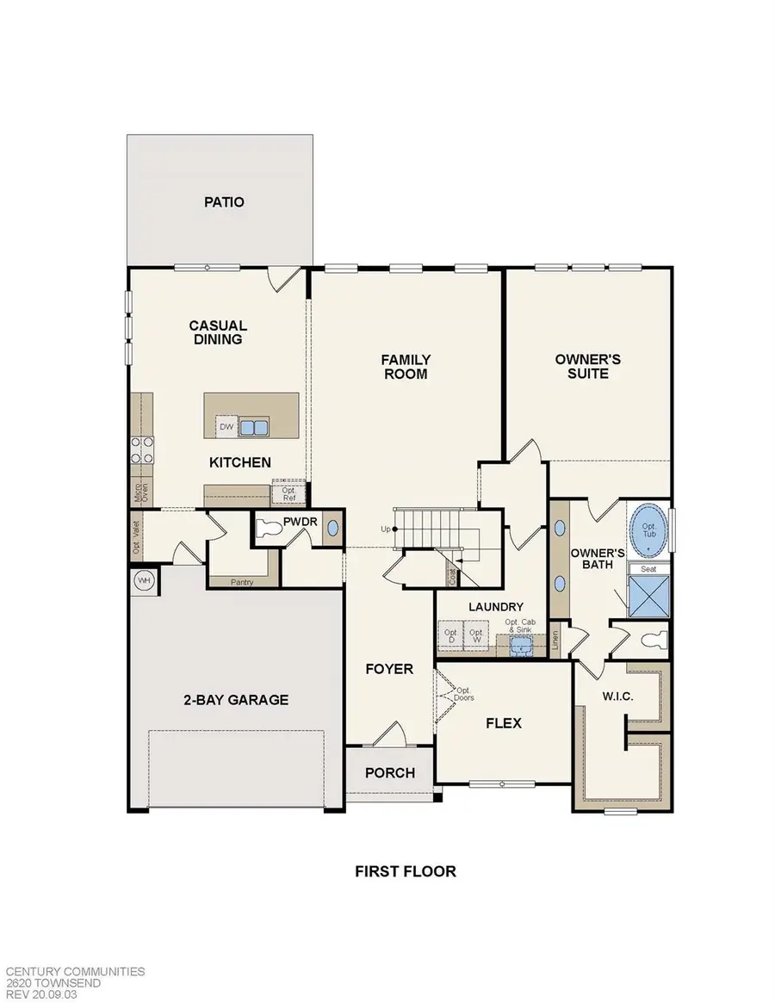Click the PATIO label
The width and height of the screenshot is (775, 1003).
[x=224, y=202]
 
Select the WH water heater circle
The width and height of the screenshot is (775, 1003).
[x=145, y=581]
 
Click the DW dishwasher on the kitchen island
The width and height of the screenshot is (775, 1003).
[x=226, y=426]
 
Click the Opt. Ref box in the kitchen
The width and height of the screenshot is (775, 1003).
[x=289, y=493]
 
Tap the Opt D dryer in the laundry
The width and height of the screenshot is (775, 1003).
[x=450, y=637]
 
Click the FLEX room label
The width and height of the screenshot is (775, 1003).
[x=504, y=723]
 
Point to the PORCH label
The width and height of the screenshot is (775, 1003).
[x=390, y=772]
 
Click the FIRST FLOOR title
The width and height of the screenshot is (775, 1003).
[x=406, y=871]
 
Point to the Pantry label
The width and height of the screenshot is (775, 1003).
[x=242, y=582]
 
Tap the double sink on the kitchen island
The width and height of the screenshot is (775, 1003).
[x=253, y=426]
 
